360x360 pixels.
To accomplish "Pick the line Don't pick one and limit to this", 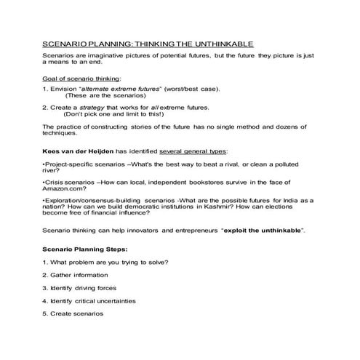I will tap(114, 114).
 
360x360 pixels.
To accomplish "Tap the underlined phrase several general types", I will tap(191, 151).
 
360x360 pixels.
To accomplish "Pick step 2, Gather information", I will tap(76, 275).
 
